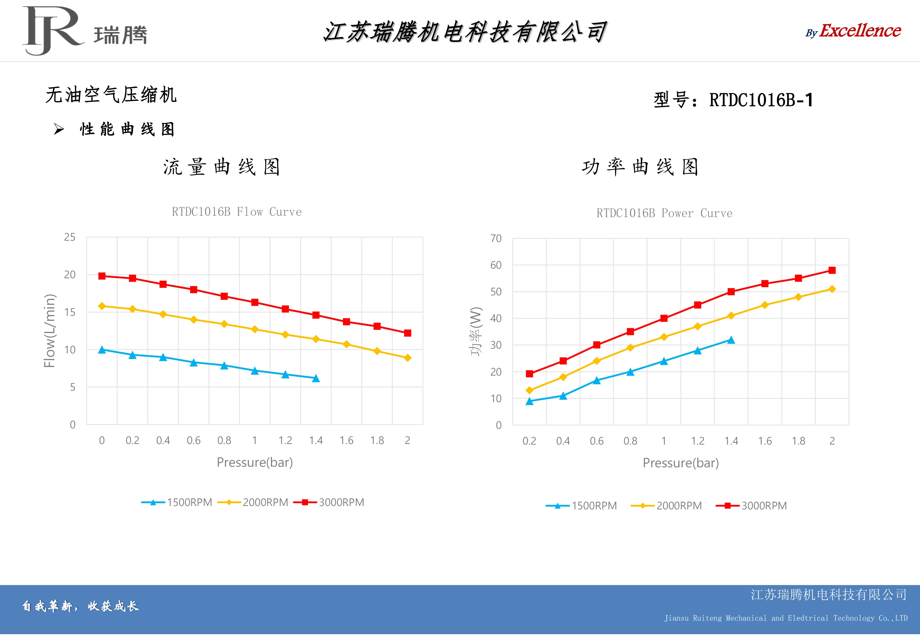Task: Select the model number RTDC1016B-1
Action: point(761,100)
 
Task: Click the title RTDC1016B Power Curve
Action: point(664,213)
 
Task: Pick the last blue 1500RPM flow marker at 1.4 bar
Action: point(316,378)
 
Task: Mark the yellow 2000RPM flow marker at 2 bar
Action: point(408,358)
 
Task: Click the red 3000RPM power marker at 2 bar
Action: point(832,270)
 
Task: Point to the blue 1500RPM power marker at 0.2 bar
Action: point(530,401)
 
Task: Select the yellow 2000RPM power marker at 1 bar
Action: point(664,337)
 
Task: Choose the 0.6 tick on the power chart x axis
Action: point(597,441)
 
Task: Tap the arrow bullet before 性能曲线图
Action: point(59,129)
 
